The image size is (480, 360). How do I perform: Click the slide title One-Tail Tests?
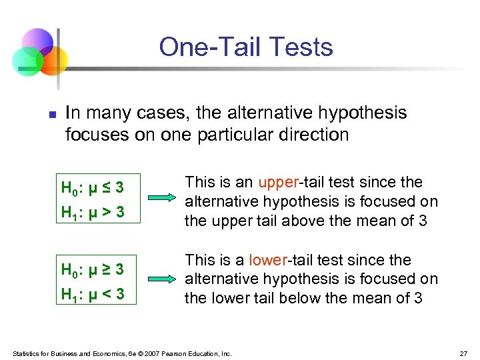pyautogui.click(x=245, y=47)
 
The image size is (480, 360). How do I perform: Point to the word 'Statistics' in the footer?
pyautogui.click(x=27, y=353)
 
